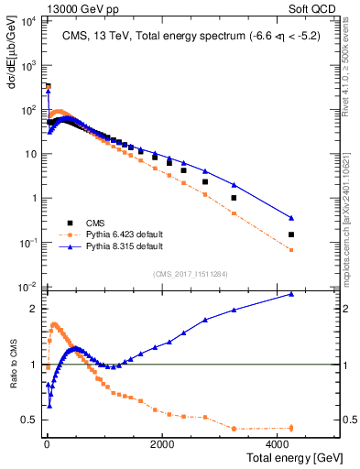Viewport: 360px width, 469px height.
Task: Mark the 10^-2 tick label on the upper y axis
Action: coord(27,286)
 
